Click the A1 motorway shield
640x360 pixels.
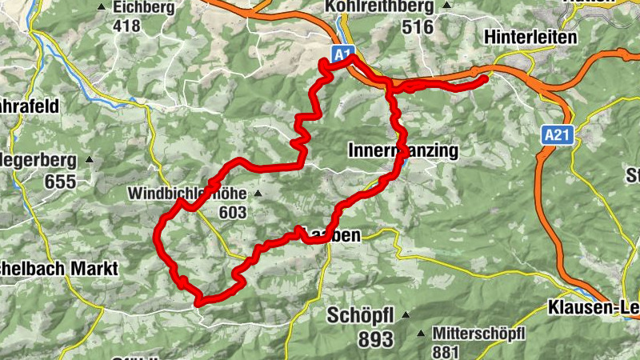coord(342,54)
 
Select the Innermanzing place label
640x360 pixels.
coord(403,150)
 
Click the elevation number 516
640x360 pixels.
coord(418,27)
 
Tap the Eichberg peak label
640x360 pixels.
coord(144,7)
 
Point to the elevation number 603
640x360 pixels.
coord(232,212)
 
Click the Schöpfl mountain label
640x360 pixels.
coord(361,315)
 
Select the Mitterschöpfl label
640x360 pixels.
coord(478,332)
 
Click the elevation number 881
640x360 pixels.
coord(446,350)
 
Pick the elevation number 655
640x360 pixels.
coord(60,182)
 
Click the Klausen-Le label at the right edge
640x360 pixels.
coord(593,306)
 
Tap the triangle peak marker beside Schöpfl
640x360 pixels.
coord(406,314)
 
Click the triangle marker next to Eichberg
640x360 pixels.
coord(102,7)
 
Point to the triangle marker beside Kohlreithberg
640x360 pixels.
coord(446,7)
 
